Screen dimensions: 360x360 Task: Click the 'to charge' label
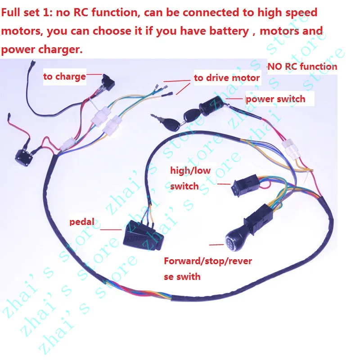pyautogui.click(x=64, y=77)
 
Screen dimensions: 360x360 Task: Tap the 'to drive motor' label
pyautogui.click(x=227, y=78)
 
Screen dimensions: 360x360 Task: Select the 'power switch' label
pyautogui.click(x=275, y=99)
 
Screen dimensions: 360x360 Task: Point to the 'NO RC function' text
pyautogui.click(x=302, y=67)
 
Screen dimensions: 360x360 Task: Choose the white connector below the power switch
pyautogui.click(x=290, y=149)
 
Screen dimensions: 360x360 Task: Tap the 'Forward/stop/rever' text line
pyautogui.click(x=207, y=261)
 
